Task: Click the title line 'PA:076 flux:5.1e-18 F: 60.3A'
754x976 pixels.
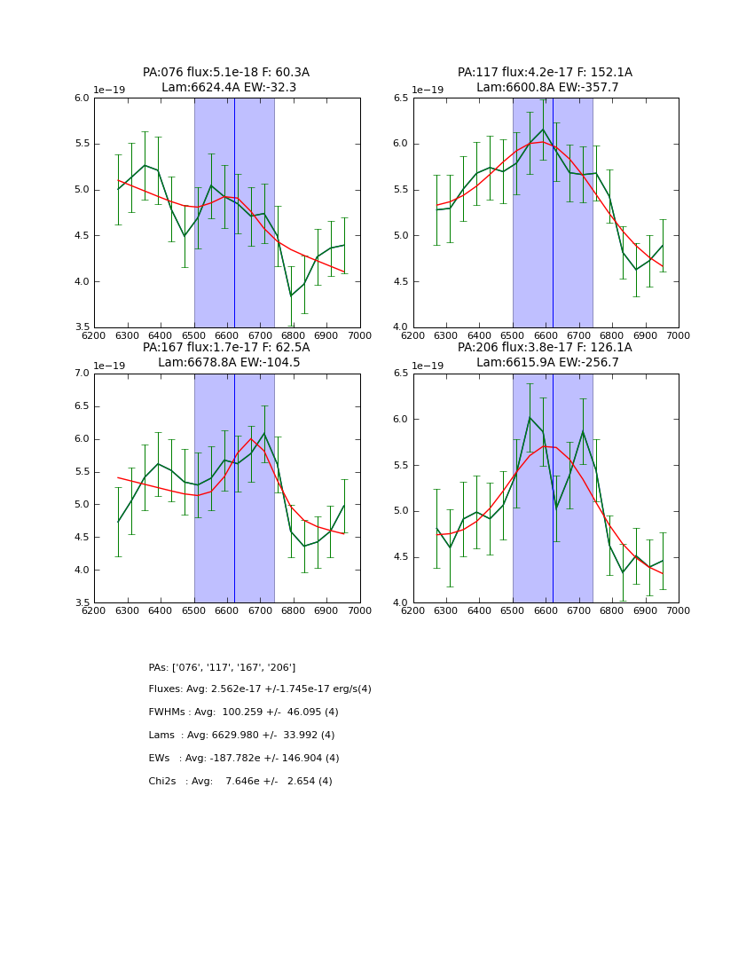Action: [x=226, y=73]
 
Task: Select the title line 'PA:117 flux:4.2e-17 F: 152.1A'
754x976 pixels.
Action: [x=545, y=73]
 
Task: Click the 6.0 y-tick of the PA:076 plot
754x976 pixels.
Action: [x=80, y=98]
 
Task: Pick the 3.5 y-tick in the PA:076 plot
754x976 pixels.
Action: [x=80, y=327]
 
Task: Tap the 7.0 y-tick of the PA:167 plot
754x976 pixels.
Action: [x=80, y=374]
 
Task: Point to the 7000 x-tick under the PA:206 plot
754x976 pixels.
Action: [x=678, y=610]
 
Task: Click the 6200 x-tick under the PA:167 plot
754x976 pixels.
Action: [x=94, y=610]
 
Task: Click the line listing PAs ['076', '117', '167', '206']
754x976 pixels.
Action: [x=222, y=667]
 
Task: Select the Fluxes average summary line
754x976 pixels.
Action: [x=260, y=689]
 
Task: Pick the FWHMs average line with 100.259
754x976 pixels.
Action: [x=243, y=712]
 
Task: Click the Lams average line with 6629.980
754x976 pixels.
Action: [x=241, y=736]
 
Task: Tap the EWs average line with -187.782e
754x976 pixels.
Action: [x=244, y=759]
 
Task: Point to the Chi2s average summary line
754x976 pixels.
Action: [x=240, y=782]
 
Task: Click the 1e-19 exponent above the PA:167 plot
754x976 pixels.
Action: [x=111, y=366]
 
